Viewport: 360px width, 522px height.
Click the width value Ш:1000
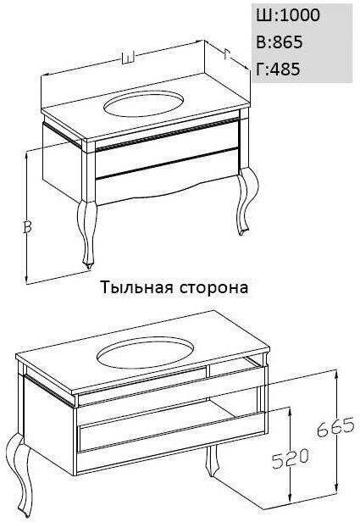[x=288, y=15]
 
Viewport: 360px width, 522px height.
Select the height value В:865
[x=280, y=42]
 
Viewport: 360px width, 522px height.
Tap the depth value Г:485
[x=278, y=69]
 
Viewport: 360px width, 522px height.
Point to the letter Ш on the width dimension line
[x=127, y=58]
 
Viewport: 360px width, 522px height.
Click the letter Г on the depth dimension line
[x=228, y=53]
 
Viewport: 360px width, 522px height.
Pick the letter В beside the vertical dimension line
[x=28, y=226]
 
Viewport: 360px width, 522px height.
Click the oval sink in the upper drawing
[x=144, y=103]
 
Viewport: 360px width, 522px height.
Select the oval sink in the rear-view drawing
[x=146, y=353]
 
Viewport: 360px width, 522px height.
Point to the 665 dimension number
[x=335, y=427]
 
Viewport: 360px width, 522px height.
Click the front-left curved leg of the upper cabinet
[x=87, y=233]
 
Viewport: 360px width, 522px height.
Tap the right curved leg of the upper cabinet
[x=247, y=201]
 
